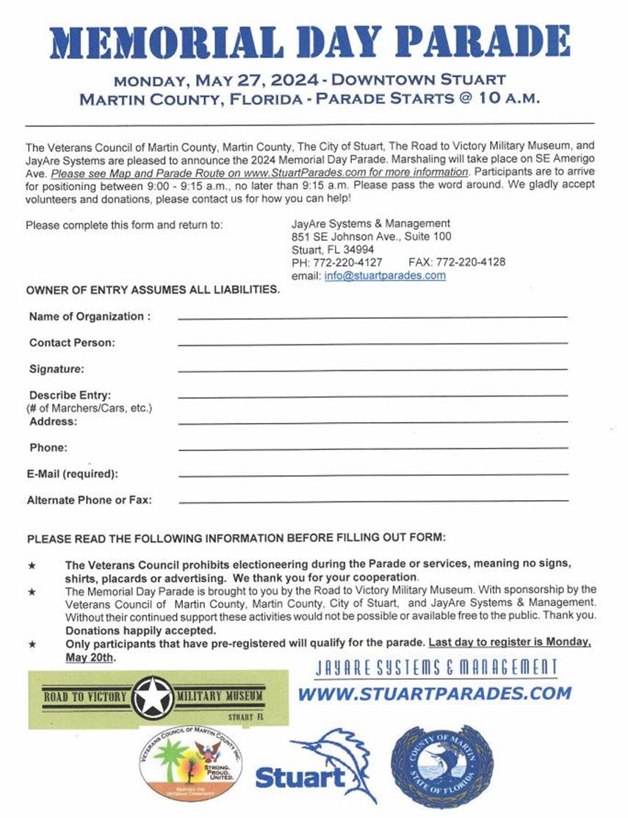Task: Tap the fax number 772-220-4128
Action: point(470,262)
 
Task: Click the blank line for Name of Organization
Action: point(372,316)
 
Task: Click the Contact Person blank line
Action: point(372,343)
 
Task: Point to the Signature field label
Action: point(57,369)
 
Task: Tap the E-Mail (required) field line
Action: point(372,474)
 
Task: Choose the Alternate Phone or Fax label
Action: point(89,500)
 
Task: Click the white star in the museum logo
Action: point(154,697)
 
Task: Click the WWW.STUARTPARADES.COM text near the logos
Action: point(434,693)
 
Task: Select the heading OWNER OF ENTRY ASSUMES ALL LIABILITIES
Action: point(153,289)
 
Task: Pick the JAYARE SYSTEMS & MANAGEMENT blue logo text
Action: point(436,667)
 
